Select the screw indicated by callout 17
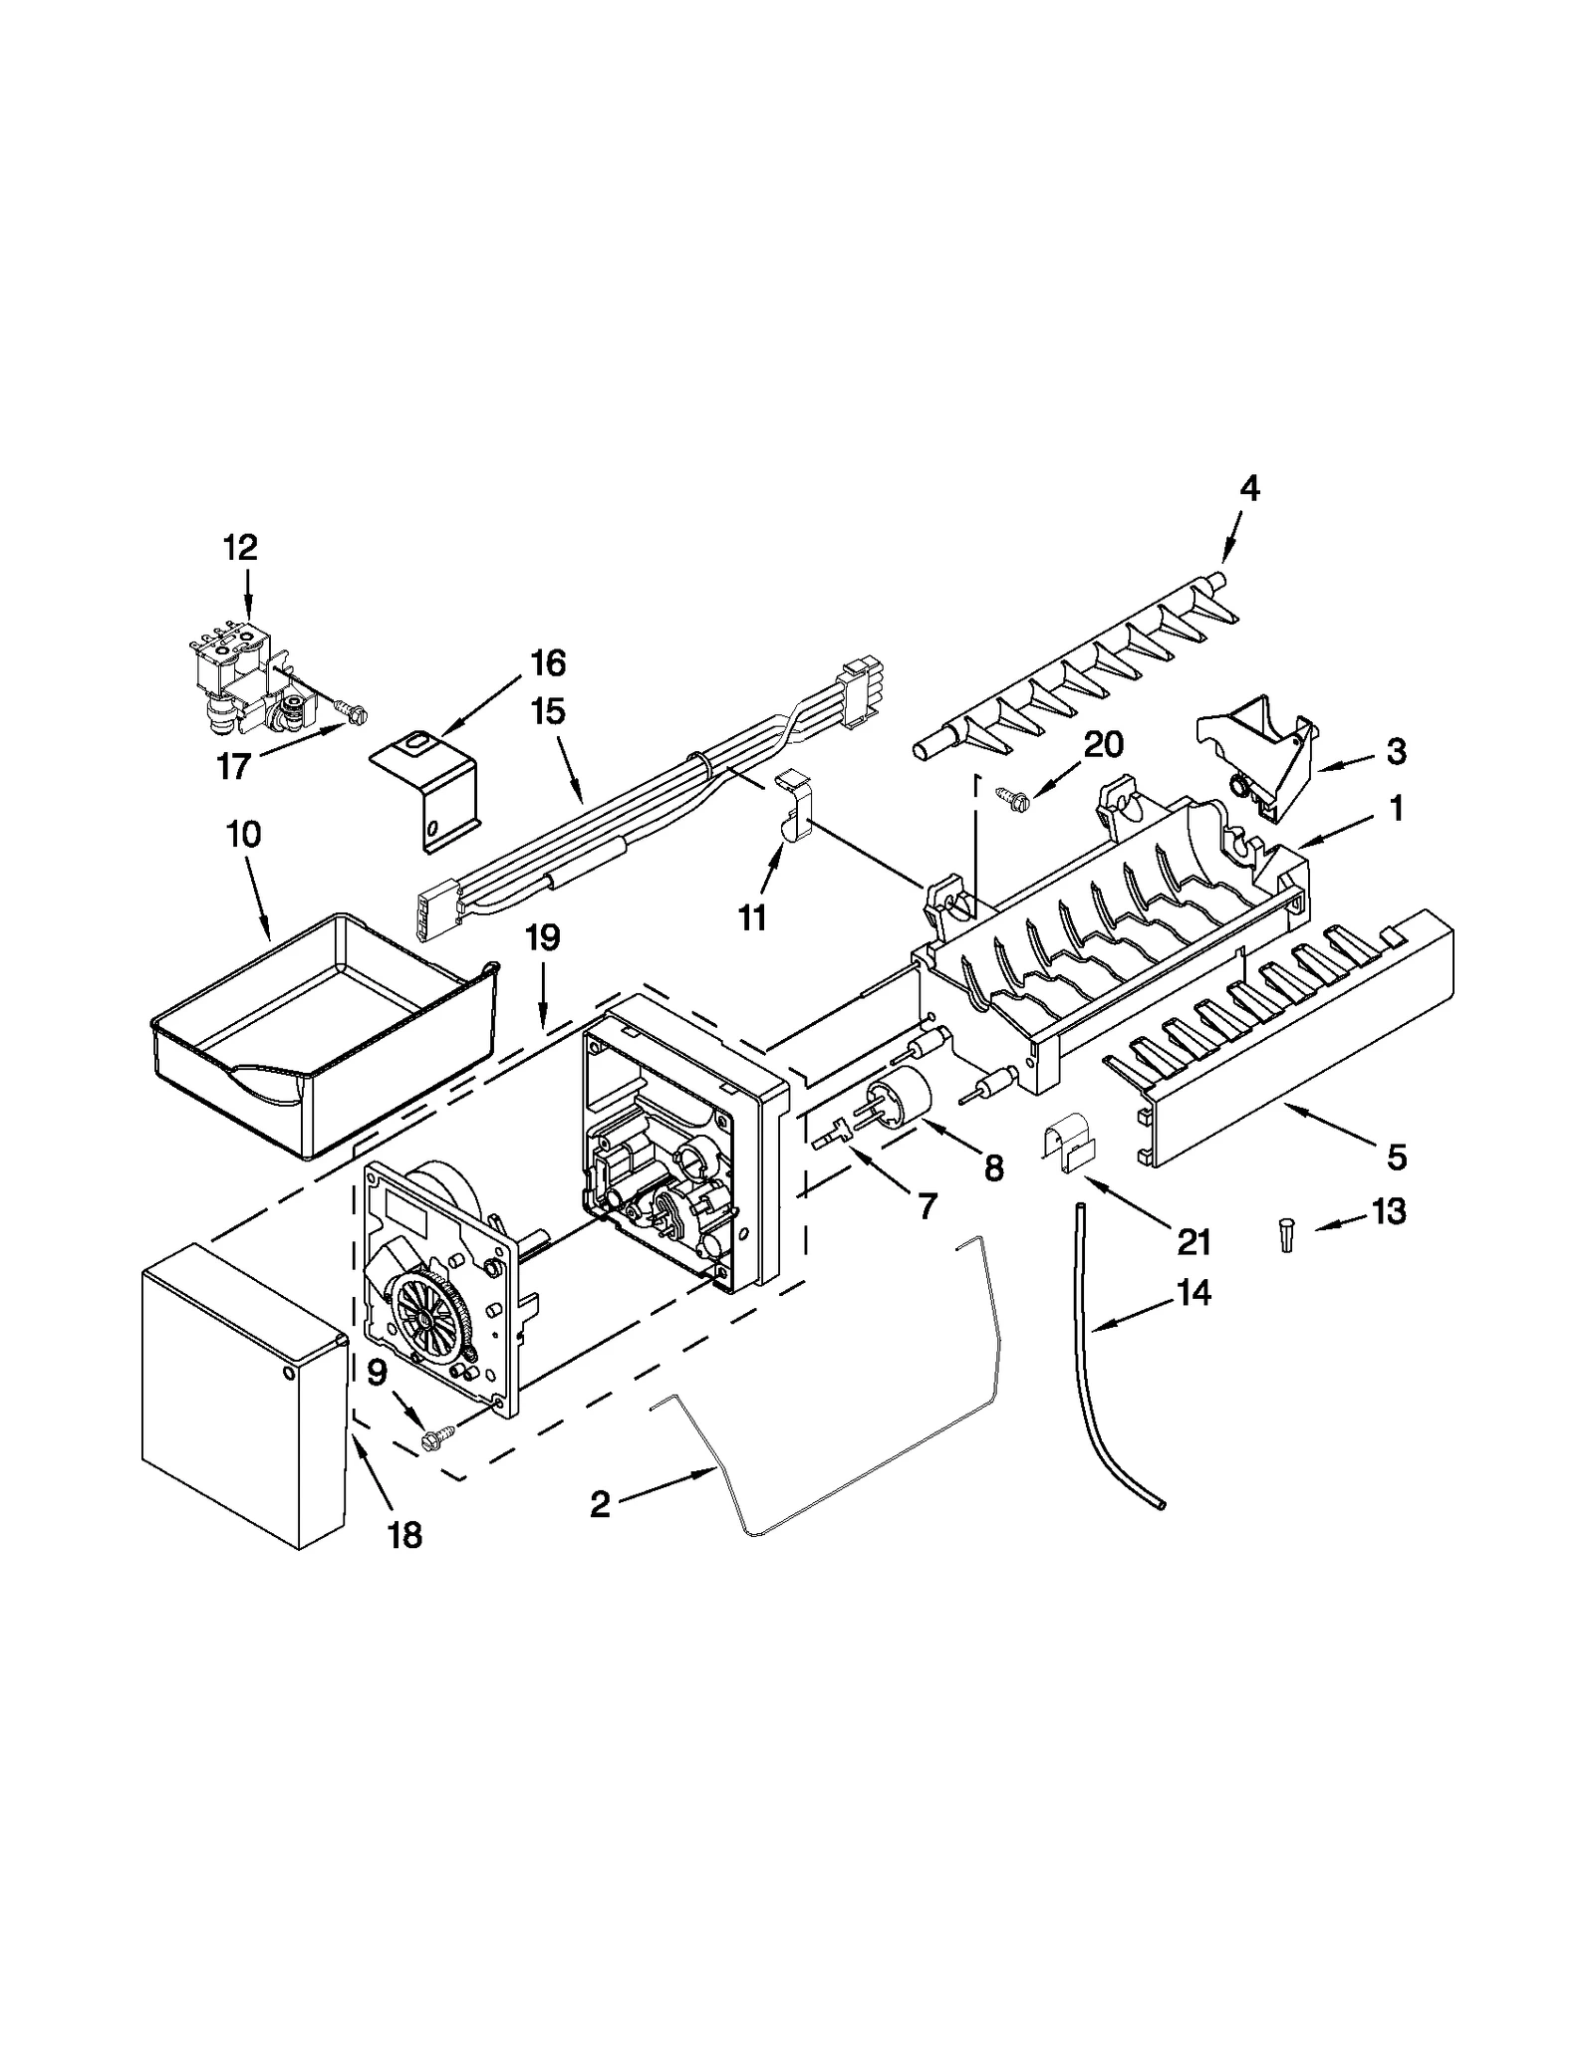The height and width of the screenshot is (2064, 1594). tap(352, 711)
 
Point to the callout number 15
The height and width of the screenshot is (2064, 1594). tap(548, 711)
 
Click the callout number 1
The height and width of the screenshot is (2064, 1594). tap(1397, 809)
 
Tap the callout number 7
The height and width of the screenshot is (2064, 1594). tap(927, 1206)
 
